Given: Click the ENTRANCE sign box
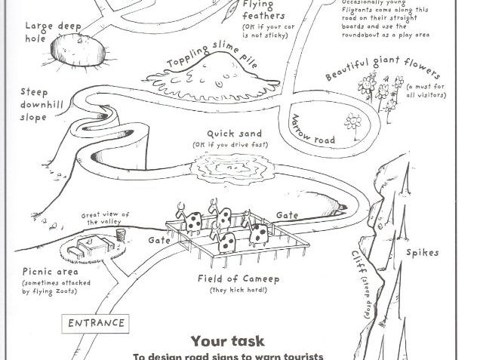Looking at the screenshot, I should pos(96,323).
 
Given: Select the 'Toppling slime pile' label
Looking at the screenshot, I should pos(212,54).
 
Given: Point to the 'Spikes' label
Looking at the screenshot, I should pos(422,252).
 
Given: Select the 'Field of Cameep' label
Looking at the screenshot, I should pos(238,278).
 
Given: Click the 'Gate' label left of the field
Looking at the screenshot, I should pos(159,240).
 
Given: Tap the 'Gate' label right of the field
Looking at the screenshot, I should pos(288,215).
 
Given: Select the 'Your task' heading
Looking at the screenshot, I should pos(227,341).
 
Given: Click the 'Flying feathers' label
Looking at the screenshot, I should pos(264,10).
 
